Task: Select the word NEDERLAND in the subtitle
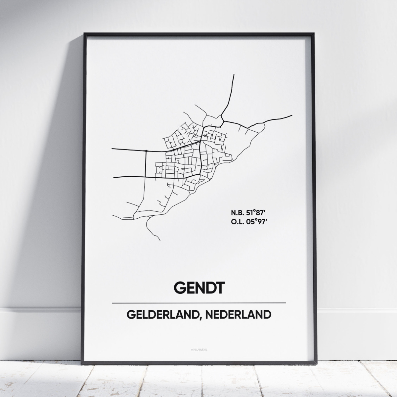point(238,315)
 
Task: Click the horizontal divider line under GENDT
point(198,303)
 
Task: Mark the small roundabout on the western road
point(146,151)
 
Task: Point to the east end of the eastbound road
point(292,115)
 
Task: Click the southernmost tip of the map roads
point(161,240)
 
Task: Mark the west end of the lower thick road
point(114,178)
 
